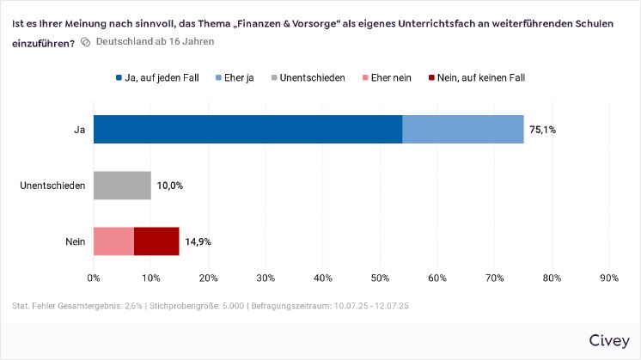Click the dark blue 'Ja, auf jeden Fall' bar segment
click(247, 129)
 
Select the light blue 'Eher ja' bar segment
click(463, 129)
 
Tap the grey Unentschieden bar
click(122, 185)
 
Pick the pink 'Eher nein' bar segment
click(113, 241)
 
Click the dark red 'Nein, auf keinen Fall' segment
click(156, 241)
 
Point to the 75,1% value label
click(543, 130)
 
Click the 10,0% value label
click(169, 186)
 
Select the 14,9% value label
click(198, 242)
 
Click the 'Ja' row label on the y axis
click(80, 130)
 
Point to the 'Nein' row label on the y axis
click(76, 242)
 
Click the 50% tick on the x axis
click(380, 278)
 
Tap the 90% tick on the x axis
click(608, 278)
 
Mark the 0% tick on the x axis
click(94, 278)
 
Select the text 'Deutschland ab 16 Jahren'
click(155, 41)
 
